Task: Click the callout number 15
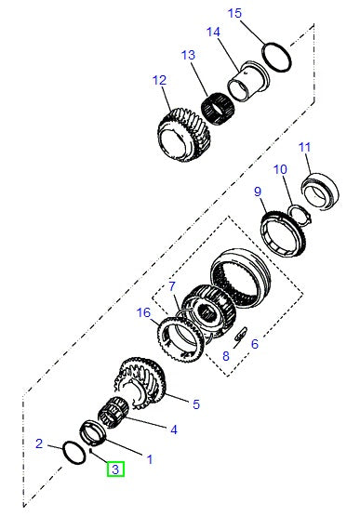pyautogui.click(x=233, y=13)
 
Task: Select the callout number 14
pyautogui.click(x=213, y=33)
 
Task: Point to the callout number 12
pyautogui.click(x=159, y=80)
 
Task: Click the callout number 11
pyautogui.click(x=304, y=148)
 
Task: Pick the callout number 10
pyautogui.click(x=281, y=170)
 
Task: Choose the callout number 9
pyautogui.click(x=258, y=192)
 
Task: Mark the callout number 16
pyautogui.click(x=143, y=313)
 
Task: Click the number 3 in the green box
pyautogui.click(x=115, y=470)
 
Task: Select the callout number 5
pyautogui.click(x=195, y=404)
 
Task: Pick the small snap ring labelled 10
pyautogui.click(x=297, y=213)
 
